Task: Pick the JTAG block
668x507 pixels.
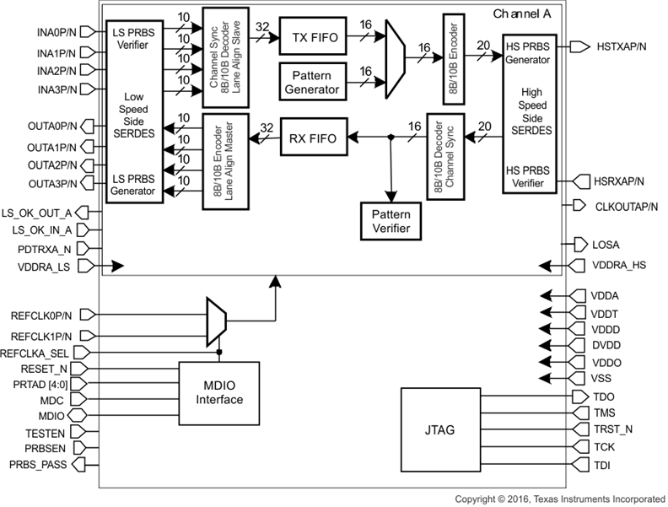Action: (440, 430)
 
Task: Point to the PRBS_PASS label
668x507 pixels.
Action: (40, 464)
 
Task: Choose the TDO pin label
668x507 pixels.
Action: (604, 396)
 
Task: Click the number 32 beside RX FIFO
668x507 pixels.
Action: (267, 127)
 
